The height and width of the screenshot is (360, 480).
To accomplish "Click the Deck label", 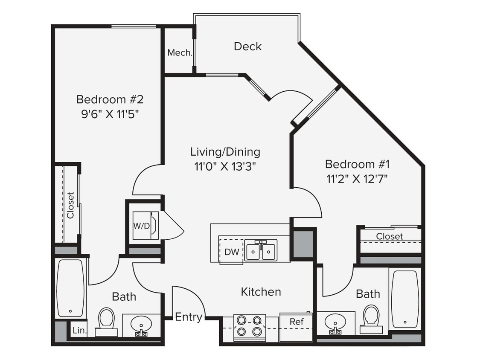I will click(247, 46).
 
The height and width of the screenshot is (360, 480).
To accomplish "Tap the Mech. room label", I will click(180, 53).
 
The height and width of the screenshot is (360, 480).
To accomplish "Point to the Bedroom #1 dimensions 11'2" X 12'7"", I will click(357, 179).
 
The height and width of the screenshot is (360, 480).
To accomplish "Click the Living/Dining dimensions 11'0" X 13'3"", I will click(225, 166).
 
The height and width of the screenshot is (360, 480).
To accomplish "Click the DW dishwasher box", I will click(232, 252).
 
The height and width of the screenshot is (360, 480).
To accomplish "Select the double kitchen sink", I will click(261, 250).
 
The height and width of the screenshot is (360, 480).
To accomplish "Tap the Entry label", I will click(189, 317).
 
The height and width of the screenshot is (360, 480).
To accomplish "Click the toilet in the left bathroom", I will click(106, 321).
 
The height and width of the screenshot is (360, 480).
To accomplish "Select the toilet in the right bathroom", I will click(371, 318).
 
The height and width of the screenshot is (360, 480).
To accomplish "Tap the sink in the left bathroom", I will click(141, 325).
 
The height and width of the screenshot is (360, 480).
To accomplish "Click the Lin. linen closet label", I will click(79, 330).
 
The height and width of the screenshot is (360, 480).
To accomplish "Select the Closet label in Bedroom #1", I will click(389, 236).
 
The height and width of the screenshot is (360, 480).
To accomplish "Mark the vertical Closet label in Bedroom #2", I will click(70, 205).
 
